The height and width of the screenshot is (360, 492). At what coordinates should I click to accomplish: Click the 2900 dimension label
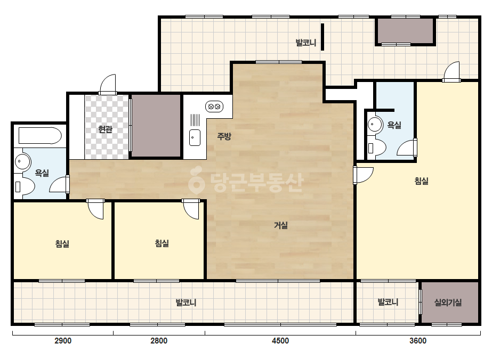[x=63, y=340]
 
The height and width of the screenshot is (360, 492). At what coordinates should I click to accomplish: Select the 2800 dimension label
[x=159, y=340]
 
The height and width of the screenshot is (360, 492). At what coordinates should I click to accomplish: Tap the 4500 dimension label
[x=280, y=340]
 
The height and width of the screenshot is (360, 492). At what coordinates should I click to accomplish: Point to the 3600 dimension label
[x=418, y=340]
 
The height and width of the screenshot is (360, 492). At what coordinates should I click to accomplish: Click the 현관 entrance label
[x=106, y=129]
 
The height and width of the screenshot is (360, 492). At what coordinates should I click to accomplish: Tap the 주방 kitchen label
[x=224, y=136]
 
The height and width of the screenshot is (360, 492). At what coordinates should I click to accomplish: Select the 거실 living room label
[x=281, y=225]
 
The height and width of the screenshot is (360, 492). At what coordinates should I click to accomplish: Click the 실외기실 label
[x=448, y=302]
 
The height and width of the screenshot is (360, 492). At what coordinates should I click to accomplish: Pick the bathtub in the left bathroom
[x=40, y=135]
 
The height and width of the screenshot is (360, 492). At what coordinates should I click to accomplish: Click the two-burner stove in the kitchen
[x=214, y=107]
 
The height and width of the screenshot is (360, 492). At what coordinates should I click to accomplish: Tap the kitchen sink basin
[x=195, y=138]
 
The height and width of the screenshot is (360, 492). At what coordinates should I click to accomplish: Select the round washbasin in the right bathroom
[x=374, y=124]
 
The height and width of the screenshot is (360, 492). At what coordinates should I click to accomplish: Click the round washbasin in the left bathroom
[x=22, y=161]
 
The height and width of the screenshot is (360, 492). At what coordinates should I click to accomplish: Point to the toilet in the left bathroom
[x=25, y=187]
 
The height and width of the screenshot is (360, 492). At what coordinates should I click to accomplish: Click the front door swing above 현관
[x=108, y=84]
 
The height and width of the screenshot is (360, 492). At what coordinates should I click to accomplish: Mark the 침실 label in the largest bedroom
[x=422, y=181]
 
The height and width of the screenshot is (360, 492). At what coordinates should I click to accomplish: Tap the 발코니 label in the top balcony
[x=306, y=43]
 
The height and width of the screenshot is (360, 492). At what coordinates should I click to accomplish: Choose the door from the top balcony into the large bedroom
[x=451, y=72]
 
